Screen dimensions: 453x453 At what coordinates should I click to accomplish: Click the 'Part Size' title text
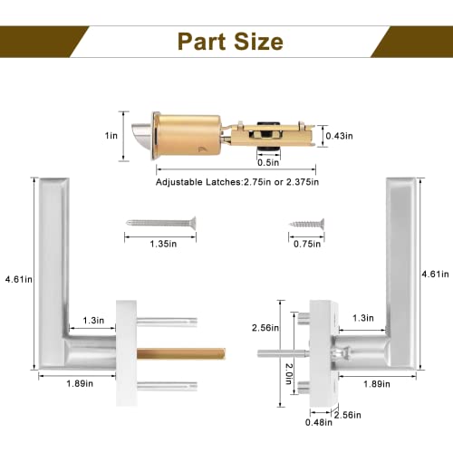pos(229,42)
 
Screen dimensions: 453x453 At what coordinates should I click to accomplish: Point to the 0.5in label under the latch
pos(267,163)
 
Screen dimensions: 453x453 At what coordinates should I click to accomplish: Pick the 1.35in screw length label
pos(160,243)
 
